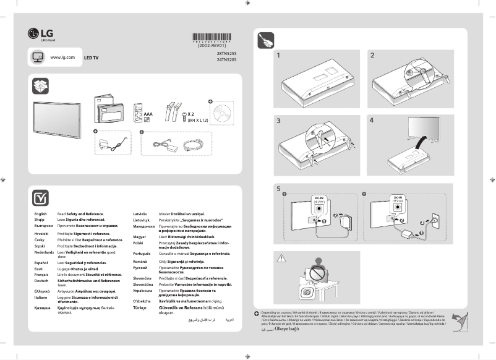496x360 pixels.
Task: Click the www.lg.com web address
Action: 62,57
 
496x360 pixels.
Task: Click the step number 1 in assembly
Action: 279,56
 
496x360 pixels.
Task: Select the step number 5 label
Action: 279,189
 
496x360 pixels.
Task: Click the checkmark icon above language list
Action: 40,197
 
